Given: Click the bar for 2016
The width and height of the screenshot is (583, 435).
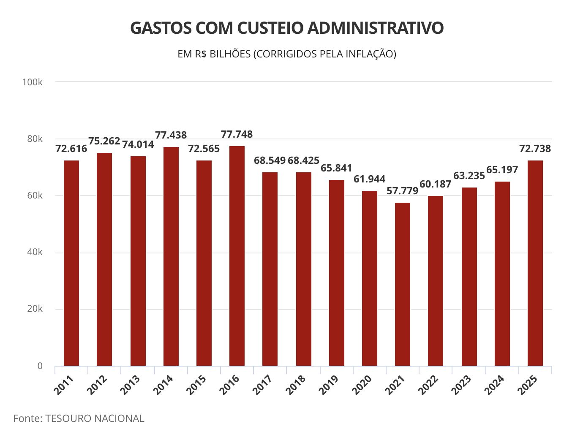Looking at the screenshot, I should (x=237, y=256).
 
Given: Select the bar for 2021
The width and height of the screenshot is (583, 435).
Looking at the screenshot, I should (x=403, y=284).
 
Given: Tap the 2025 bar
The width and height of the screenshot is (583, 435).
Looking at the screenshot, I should (x=535, y=263).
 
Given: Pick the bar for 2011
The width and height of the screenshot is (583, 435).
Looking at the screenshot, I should (x=71, y=263).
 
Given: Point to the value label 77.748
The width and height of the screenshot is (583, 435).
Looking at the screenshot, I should (x=237, y=134).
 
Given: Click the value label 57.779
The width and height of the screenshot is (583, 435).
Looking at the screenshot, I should (x=402, y=191).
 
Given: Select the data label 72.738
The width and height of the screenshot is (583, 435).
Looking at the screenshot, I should (x=535, y=149).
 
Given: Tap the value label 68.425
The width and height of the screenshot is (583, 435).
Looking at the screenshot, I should (x=303, y=160).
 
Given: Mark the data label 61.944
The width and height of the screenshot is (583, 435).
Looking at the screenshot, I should (x=369, y=179).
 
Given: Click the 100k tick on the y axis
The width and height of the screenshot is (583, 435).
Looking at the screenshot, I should (x=32, y=82).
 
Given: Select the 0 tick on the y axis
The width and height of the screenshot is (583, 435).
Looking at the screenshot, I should (x=40, y=366).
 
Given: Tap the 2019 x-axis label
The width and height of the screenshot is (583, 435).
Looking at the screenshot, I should (x=329, y=385).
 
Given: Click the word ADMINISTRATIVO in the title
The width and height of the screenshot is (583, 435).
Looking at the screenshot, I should (x=375, y=28).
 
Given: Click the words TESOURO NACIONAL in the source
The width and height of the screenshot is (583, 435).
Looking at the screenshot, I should (x=95, y=419).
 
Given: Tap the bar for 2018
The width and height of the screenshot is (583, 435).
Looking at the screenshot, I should (x=304, y=269).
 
